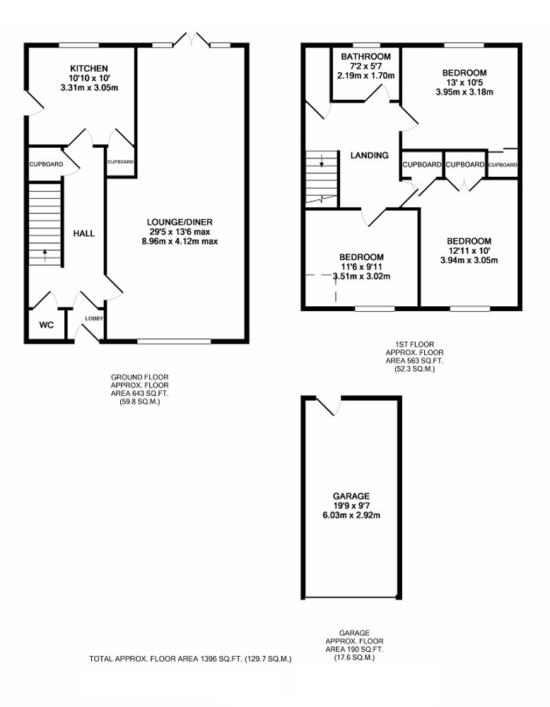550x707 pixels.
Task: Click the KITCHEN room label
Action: click(89, 69)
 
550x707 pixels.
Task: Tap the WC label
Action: click(47, 325)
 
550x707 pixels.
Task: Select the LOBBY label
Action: click(94, 318)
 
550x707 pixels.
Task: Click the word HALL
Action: click(84, 233)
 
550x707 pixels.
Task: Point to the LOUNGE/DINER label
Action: click(180, 222)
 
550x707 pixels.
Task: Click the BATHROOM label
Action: click(365, 57)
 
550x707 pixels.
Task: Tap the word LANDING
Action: click(369, 155)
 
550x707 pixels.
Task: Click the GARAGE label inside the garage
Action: click(351, 496)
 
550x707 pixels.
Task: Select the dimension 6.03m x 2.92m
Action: click(351, 515)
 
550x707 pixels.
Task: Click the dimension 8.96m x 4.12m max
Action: click(180, 242)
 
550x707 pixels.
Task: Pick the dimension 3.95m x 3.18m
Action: click(464, 93)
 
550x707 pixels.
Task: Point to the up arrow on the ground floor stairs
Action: click(45, 255)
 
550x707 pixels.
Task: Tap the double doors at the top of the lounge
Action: click(192, 39)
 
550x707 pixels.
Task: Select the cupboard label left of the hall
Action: click(47, 164)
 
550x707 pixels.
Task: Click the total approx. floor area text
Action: click(190, 659)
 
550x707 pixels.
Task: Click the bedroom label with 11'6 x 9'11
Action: click(361, 257)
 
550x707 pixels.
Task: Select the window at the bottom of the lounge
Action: click(174, 341)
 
